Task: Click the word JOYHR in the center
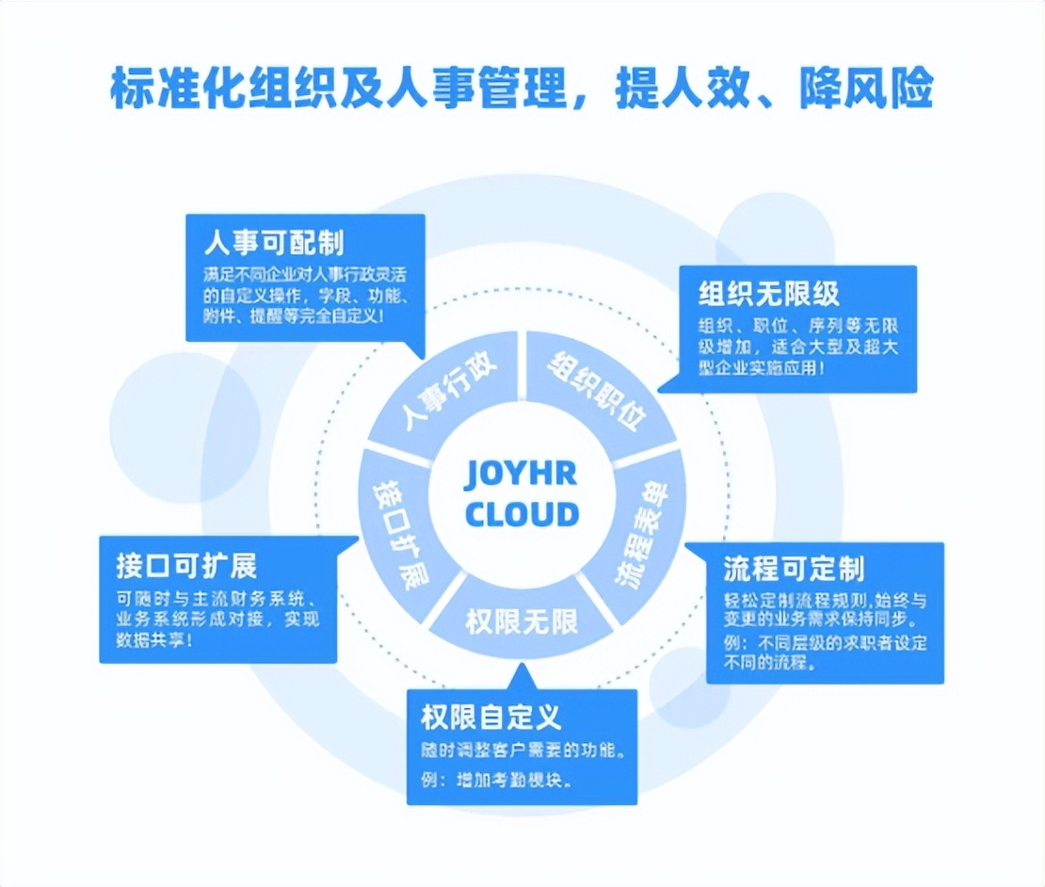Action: [521, 474]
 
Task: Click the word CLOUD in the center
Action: [522, 514]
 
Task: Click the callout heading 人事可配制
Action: [274, 243]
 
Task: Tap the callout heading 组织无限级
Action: [768, 293]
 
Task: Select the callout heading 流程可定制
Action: [794, 569]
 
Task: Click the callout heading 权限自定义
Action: [490, 718]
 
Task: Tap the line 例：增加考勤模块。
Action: [497, 781]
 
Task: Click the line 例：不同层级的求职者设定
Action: [826, 643]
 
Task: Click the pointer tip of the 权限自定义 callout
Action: [521, 667]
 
